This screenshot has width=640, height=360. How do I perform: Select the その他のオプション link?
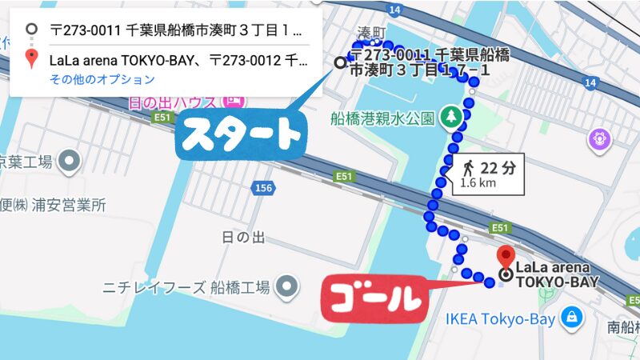click(x=102, y=79)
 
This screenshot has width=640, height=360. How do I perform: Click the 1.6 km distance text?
click(x=478, y=183)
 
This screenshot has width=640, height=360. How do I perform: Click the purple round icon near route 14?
click(x=599, y=141)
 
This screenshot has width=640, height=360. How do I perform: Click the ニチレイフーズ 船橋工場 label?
click(x=187, y=286)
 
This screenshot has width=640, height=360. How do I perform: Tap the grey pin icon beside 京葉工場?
click(x=70, y=162)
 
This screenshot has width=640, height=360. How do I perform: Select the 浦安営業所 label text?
click(x=58, y=205)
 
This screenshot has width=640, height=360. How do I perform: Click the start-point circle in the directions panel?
click(x=31, y=30)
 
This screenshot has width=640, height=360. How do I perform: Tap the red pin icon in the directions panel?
click(x=31, y=58)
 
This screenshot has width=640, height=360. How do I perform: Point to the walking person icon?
click(x=467, y=169)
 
